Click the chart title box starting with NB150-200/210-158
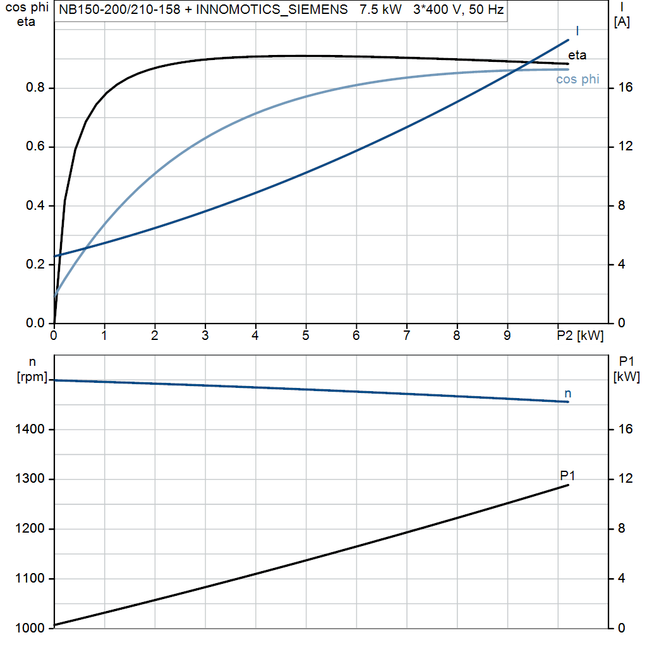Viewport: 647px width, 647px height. coord(281,10)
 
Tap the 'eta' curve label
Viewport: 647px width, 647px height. coord(577,55)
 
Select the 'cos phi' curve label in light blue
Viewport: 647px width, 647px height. coord(577,80)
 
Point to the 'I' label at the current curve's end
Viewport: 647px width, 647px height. coord(577,30)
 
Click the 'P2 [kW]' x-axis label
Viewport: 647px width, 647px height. coord(579,336)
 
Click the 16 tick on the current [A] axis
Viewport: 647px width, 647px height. coord(625,88)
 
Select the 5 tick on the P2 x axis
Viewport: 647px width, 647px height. coord(306,336)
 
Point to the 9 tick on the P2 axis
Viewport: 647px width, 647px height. coord(507,336)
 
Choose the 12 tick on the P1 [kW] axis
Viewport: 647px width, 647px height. coord(625,480)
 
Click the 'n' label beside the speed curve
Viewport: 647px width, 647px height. coord(568,394)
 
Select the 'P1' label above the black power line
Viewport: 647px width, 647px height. coord(567,475)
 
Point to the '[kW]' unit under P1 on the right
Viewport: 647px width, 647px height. coord(627,377)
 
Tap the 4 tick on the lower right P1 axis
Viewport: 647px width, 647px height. coord(622,579)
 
